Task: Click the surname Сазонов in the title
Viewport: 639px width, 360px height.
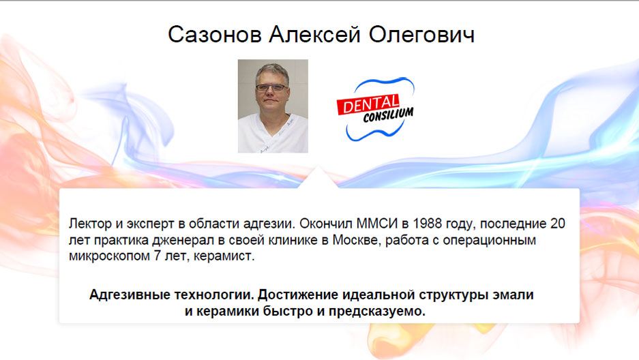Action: tap(214, 34)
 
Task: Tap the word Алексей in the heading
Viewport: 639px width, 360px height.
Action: tap(314, 34)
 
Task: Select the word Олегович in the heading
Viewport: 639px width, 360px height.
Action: tap(421, 34)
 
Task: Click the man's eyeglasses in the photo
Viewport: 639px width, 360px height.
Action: tap(271, 87)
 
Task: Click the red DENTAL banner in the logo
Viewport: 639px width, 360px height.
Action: tap(368, 105)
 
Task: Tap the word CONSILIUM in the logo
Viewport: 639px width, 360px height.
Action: tap(388, 115)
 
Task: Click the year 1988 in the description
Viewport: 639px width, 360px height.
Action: tap(427, 224)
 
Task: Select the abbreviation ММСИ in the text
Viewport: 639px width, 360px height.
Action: tap(377, 224)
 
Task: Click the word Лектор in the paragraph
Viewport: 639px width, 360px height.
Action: tap(90, 224)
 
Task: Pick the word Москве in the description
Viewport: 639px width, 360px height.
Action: tap(357, 240)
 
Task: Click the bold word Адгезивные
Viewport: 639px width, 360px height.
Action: tap(130, 295)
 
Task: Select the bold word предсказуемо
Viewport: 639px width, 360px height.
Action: tap(377, 311)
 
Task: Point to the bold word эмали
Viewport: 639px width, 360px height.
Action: tap(513, 295)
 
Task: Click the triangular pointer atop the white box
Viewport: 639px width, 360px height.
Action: tap(318, 178)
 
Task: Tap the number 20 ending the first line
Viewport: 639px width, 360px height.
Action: tap(557, 224)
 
